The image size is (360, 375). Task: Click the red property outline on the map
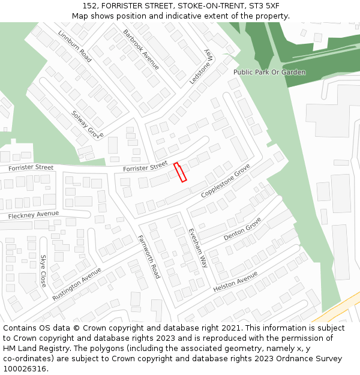point(180,172)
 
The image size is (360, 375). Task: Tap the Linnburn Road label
point(75,46)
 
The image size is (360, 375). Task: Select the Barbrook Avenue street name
point(141,49)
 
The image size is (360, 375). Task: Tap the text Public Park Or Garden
point(269,72)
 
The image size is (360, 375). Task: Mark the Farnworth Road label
point(148,256)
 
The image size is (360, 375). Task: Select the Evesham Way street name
point(197,247)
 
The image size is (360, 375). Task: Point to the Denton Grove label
point(242,229)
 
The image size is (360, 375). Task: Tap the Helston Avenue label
point(235,281)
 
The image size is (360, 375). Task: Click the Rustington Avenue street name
point(76,284)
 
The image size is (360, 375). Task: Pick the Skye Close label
point(43,271)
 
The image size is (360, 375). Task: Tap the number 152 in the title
point(90,5)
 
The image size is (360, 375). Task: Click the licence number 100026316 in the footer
point(25,368)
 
